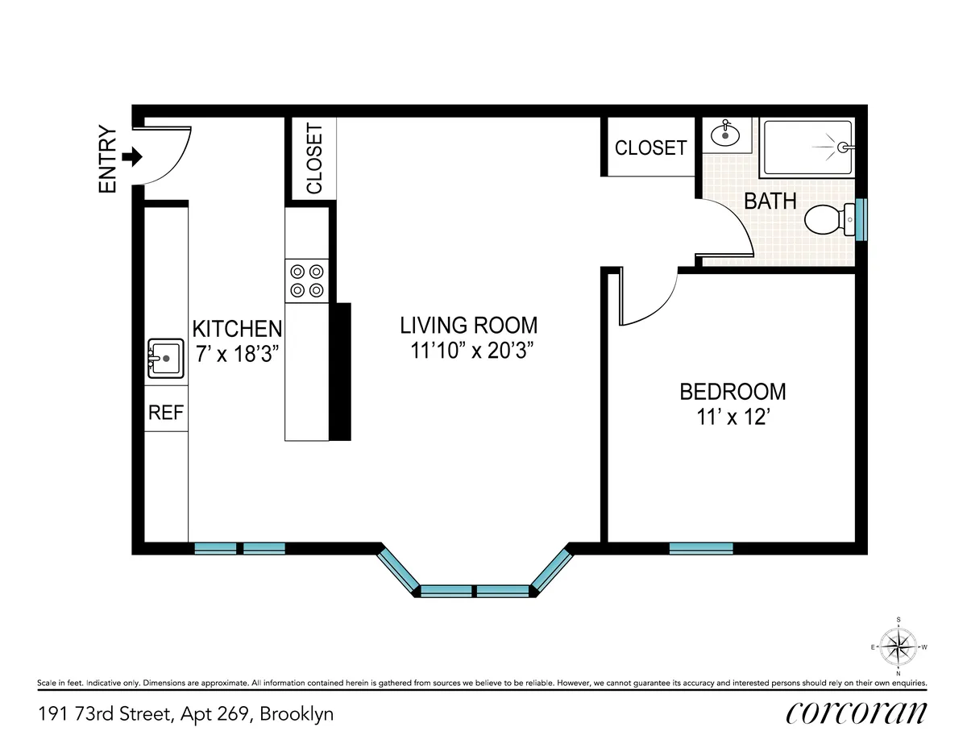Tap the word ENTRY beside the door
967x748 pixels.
pos(108,160)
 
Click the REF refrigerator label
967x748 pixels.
pos(166,413)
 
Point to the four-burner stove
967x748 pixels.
pos(307,280)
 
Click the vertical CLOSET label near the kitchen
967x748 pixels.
pos(313,159)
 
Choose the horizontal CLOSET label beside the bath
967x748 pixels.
pos(650,148)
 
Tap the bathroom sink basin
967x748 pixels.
pos(727,134)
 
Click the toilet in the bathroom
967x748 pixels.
pos(830,219)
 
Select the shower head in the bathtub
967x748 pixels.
pos(843,148)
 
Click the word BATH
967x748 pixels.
pos(770,201)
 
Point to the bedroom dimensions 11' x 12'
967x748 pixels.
pos(733,418)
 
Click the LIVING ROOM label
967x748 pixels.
pos(468,326)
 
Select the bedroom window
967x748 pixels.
pos(701,548)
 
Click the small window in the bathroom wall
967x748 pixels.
pos(861,219)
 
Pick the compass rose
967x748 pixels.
pos(898,646)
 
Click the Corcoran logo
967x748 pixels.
pos(856,713)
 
